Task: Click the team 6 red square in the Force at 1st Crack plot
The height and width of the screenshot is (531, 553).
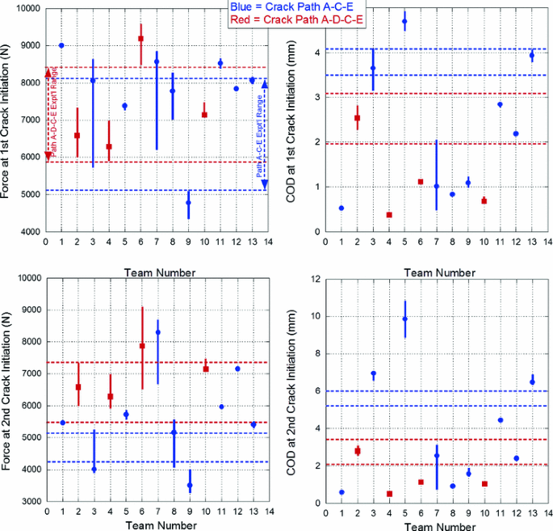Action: [x=140, y=39]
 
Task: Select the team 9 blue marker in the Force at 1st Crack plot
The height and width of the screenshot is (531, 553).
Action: [x=188, y=202]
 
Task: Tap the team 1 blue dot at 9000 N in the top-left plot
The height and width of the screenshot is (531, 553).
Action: [x=61, y=46]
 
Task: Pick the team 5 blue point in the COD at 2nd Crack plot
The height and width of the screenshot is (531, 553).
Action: [x=404, y=319]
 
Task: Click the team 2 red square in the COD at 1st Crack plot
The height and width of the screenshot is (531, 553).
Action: [x=357, y=118]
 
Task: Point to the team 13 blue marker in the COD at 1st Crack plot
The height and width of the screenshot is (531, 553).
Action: [x=531, y=55]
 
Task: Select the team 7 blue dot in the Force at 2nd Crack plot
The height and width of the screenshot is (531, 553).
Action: [x=157, y=332]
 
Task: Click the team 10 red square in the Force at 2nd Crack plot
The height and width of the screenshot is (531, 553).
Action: [x=204, y=369]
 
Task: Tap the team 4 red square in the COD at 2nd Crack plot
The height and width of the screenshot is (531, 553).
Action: [x=389, y=494]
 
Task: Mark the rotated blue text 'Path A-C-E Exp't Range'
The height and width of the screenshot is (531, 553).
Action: [x=260, y=137]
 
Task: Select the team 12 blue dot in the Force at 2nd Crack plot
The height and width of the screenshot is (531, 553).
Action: [x=237, y=369]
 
